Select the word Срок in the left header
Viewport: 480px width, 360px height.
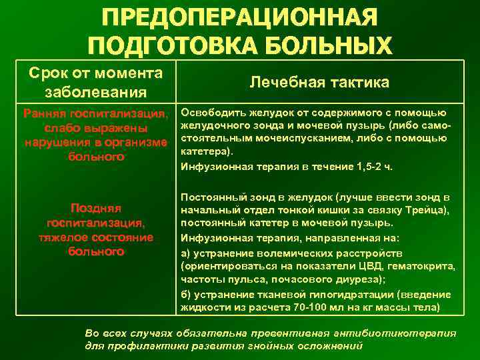tap(46, 73)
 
